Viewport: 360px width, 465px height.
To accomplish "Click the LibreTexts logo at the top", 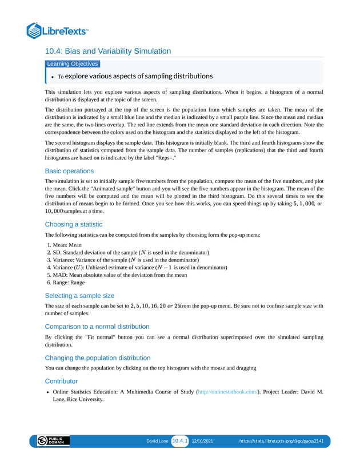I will point(57,30).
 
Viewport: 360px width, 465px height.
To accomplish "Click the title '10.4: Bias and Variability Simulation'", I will point(108,51).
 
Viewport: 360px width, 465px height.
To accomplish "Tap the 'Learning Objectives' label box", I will point(73,64).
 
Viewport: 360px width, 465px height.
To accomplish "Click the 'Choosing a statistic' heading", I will point(74,224).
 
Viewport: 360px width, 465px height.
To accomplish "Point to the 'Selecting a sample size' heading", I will point(79,296).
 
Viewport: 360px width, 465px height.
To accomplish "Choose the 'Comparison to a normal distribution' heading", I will point(97,327).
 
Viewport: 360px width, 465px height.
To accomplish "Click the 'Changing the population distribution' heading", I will point(98,357).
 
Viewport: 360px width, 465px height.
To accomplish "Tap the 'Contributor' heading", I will point(61,380).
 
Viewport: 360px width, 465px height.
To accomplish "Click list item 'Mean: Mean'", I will point(67,244).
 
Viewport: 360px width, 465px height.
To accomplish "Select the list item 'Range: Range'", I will point(69,282).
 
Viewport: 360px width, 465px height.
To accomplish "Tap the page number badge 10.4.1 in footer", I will point(180,441).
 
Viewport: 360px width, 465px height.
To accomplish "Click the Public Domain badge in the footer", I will point(53,441).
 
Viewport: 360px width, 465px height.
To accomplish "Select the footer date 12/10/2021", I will point(202,442).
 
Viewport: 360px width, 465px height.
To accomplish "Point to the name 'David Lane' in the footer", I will point(157,442).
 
